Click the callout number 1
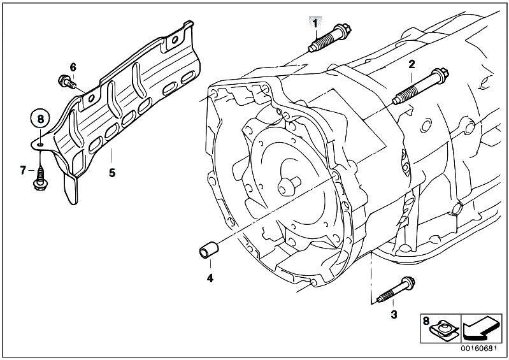pos(314,24)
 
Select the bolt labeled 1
pos(329,38)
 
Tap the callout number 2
pos(412,64)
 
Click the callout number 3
pos(394,315)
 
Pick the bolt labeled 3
pos(396,290)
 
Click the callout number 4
pos(210,278)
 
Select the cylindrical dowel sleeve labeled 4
pos(209,250)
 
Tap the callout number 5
pos(112,173)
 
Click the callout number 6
pos(73,67)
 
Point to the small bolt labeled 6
pos(67,82)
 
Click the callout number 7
pos(23,169)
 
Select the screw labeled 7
pos(41,178)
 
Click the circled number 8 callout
pos(40,119)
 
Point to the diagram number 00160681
pos(479,349)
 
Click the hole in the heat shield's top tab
pos(175,40)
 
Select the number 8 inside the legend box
pos(426,321)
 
